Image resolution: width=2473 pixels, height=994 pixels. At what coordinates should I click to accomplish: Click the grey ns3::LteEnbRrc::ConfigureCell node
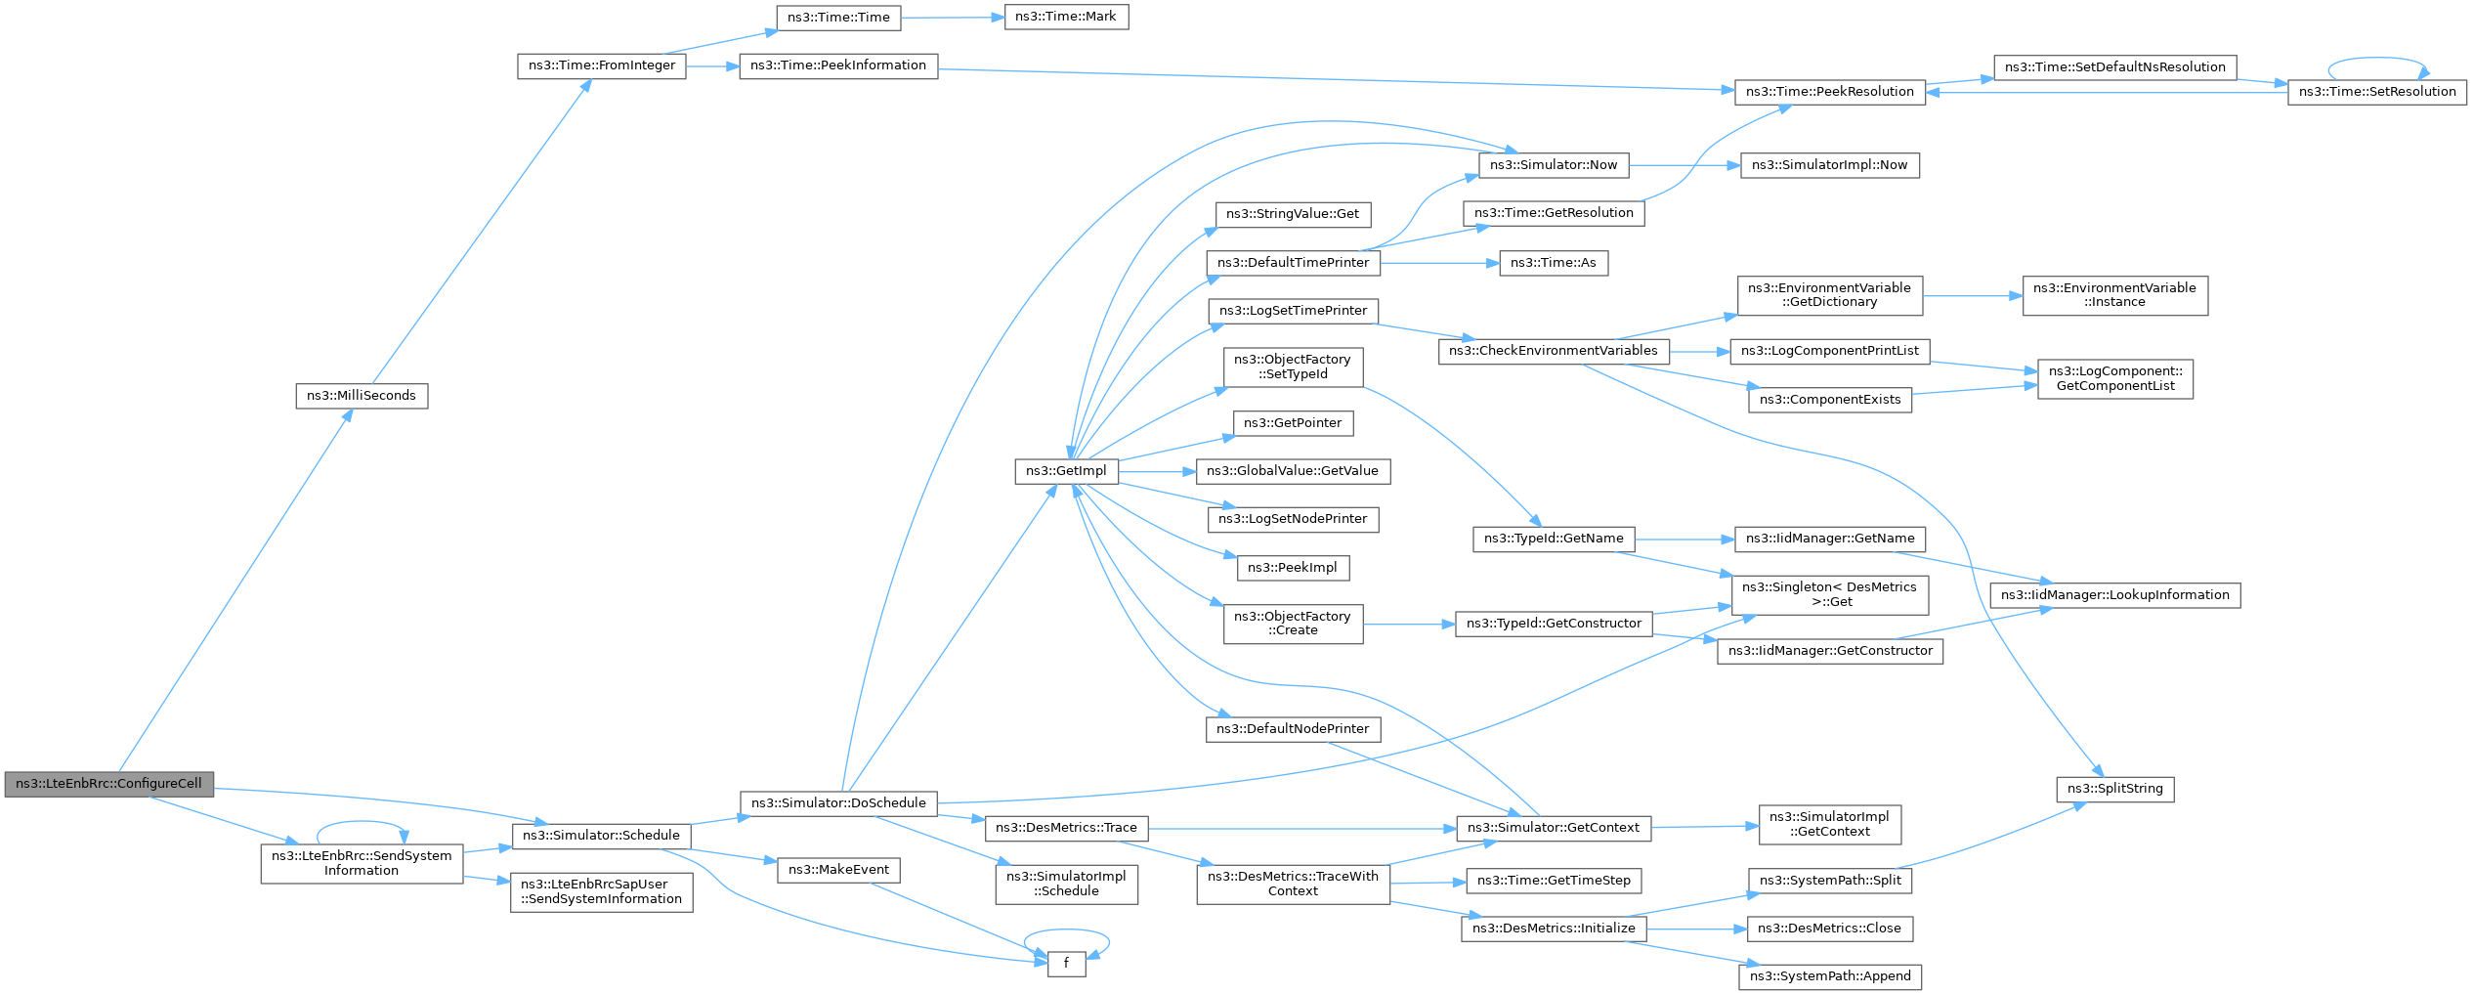click(x=108, y=784)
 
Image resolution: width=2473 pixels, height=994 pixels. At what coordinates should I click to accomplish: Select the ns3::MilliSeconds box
click(x=362, y=396)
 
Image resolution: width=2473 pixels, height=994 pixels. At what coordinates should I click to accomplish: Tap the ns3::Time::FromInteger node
click(x=602, y=66)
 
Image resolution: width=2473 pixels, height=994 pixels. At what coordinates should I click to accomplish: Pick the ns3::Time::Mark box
click(x=1066, y=17)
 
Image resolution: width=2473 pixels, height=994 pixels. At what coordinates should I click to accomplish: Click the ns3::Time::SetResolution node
click(x=2377, y=92)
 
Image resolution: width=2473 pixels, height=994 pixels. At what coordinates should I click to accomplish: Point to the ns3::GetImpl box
click(x=1066, y=471)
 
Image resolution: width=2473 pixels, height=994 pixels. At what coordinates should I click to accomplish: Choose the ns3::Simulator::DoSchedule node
click(x=838, y=803)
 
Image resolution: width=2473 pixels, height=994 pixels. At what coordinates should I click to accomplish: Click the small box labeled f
click(x=1066, y=964)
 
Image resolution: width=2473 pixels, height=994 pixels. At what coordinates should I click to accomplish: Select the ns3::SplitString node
click(x=2115, y=789)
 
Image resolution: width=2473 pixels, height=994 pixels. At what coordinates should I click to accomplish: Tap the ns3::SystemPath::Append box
click(x=1830, y=976)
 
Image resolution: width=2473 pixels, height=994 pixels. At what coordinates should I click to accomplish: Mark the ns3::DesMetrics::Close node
click(x=1829, y=929)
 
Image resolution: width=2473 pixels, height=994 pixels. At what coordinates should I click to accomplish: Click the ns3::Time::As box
click(x=1554, y=263)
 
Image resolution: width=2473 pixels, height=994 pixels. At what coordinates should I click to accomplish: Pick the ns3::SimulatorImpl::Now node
click(x=1829, y=165)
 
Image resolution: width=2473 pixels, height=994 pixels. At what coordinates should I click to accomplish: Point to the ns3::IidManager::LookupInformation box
click(x=2115, y=595)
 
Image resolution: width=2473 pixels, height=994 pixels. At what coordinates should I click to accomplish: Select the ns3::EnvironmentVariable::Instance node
click(x=2114, y=295)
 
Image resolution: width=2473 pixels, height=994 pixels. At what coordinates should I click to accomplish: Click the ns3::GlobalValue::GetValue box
click(x=1293, y=471)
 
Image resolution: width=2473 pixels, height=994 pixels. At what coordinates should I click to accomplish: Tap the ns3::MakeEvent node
click(x=838, y=870)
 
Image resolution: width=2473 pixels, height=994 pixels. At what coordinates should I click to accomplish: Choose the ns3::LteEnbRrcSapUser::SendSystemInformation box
click(x=602, y=892)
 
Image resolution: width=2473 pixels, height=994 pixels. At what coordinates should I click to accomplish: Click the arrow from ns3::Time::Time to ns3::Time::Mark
click(x=953, y=18)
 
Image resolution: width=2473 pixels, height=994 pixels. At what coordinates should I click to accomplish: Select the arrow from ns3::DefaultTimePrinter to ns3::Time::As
click(x=1440, y=263)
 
